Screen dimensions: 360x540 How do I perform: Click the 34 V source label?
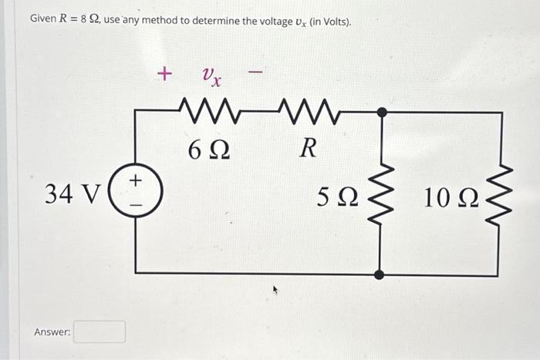[72, 193]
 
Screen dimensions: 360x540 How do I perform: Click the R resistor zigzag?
[309, 113]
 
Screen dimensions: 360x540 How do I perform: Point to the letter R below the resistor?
[308, 148]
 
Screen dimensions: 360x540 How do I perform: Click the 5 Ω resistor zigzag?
[380, 197]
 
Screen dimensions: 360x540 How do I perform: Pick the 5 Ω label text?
[338, 198]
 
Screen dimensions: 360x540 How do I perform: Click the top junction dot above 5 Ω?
[380, 113]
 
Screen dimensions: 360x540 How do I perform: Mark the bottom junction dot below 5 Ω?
[380, 274]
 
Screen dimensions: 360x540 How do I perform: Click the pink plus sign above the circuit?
[163, 73]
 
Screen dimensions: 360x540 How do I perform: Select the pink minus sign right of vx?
[255, 73]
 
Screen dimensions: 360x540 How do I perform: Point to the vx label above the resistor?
[211, 76]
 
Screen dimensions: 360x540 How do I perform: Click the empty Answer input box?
[100, 331]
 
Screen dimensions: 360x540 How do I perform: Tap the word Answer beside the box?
[52, 331]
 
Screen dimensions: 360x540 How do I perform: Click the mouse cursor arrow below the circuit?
[274, 292]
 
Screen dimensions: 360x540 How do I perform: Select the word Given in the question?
[44, 19]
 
